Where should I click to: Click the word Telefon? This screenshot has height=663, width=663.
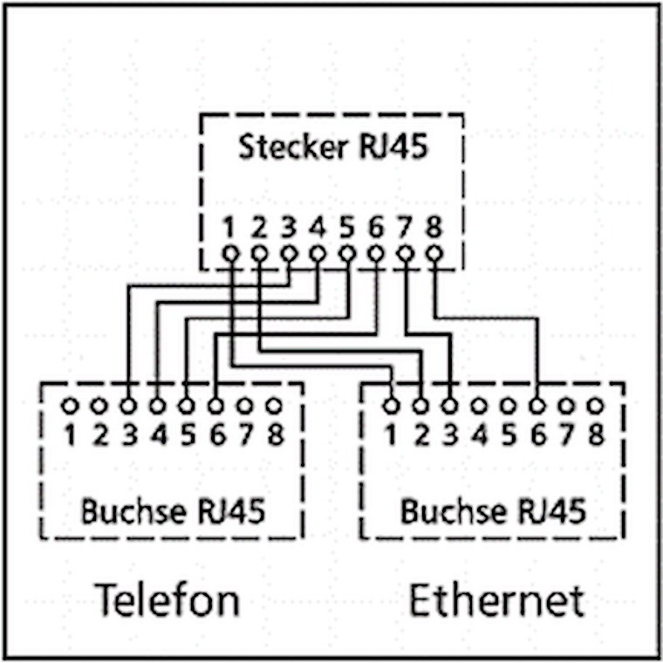pyautogui.click(x=166, y=600)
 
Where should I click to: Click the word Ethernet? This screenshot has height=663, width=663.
pyautogui.click(x=496, y=600)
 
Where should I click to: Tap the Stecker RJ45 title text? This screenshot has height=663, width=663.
pyautogui.click(x=332, y=147)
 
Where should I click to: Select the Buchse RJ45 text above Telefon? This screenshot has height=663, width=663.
pyautogui.click(x=172, y=510)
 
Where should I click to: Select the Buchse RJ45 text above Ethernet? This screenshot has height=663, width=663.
pyautogui.click(x=493, y=510)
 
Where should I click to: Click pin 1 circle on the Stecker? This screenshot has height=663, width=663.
pyautogui.click(x=229, y=254)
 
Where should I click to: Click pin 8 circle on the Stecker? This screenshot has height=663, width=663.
pyautogui.click(x=434, y=254)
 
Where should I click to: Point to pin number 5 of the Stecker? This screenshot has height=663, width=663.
pyautogui.click(x=347, y=228)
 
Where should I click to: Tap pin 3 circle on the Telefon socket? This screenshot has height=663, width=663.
pyautogui.click(x=128, y=406)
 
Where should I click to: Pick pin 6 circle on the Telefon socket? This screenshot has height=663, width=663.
pyautogui.click(x=215, y=406)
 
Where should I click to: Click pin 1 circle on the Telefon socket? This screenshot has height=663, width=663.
pyautogui.click(x=70, y=406)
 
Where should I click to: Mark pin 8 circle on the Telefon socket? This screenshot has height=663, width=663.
pyautogui.click(x=274, y=406)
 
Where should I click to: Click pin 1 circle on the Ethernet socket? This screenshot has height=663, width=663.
pyautogui.click(x=391, y=406)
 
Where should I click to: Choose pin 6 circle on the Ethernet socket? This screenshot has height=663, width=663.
pyautogui.click(x=537, y=406)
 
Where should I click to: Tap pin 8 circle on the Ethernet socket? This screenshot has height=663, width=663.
pyautogui.click(x=596, y=406)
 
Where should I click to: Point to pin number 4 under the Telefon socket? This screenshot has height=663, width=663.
pyautogui.click(x=158, y=434)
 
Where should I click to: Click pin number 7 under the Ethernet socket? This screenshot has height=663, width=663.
pyautogui.click(x=567, y=434)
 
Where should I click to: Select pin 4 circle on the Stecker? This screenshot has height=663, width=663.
pyautogui.click(x=318, y=254)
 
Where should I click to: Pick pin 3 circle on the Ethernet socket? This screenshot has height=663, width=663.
pyautogui.click(x=449, y=406)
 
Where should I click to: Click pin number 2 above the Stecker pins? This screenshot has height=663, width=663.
pyautogui.click(x=259, y=228)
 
